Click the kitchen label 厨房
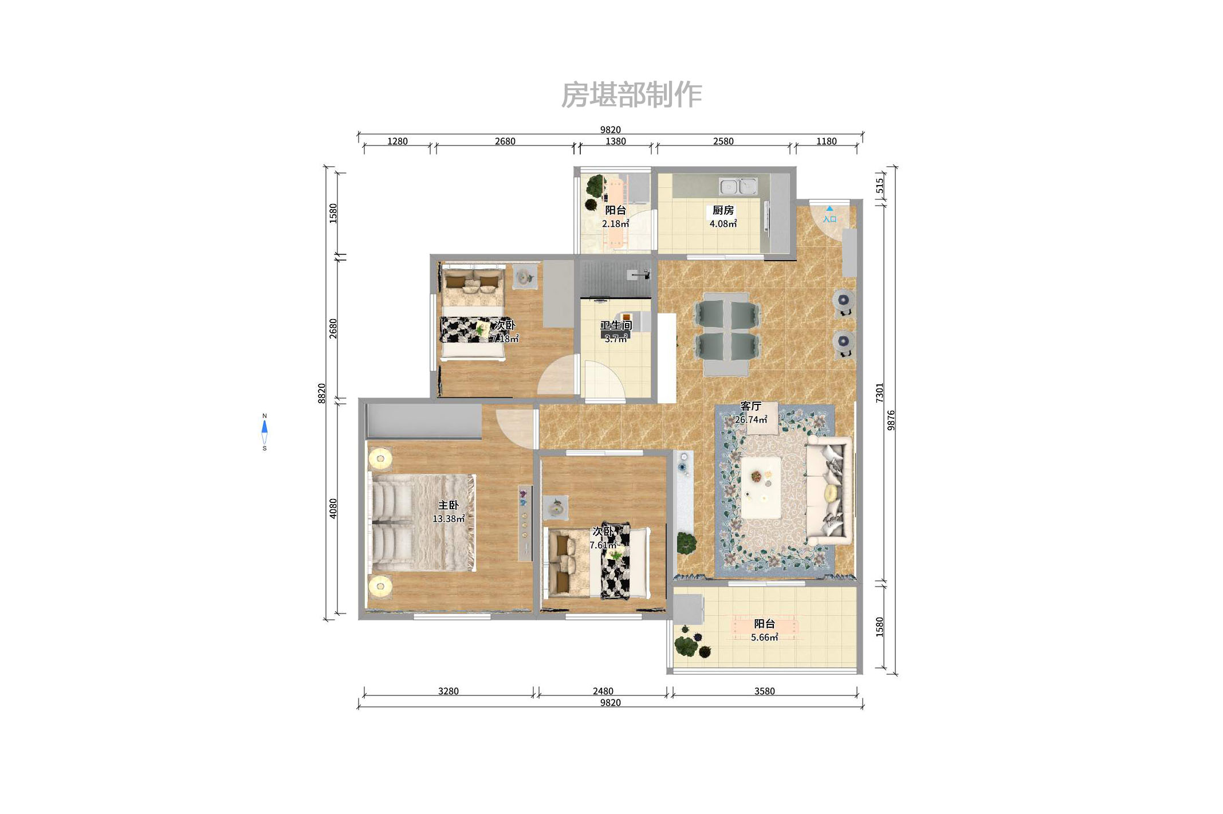click(x=723, y=210)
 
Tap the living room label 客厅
click(x=750, y=406)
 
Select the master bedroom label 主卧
click(x=448, y=505)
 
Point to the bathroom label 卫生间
click(x=616, y=325)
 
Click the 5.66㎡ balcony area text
click(x=764, y=637)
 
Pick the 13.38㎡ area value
click(x=448, y=519)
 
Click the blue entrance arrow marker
click(x=829, y=209)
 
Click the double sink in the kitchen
click(x=738, y=186)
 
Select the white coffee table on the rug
click(x=761, y=487)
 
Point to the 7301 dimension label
click(x=880, y=392)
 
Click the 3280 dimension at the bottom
click(x=448, y=691)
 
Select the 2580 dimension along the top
click(x=723, y=141)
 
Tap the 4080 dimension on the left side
click(x=333, y=509)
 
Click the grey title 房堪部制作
click(x=631, y=95)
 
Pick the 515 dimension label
click(x=880, y=186)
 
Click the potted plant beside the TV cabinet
click(x=686, y=542)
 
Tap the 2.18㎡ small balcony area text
click(x=615, y=224)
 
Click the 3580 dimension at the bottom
click(x=764, y=691)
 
